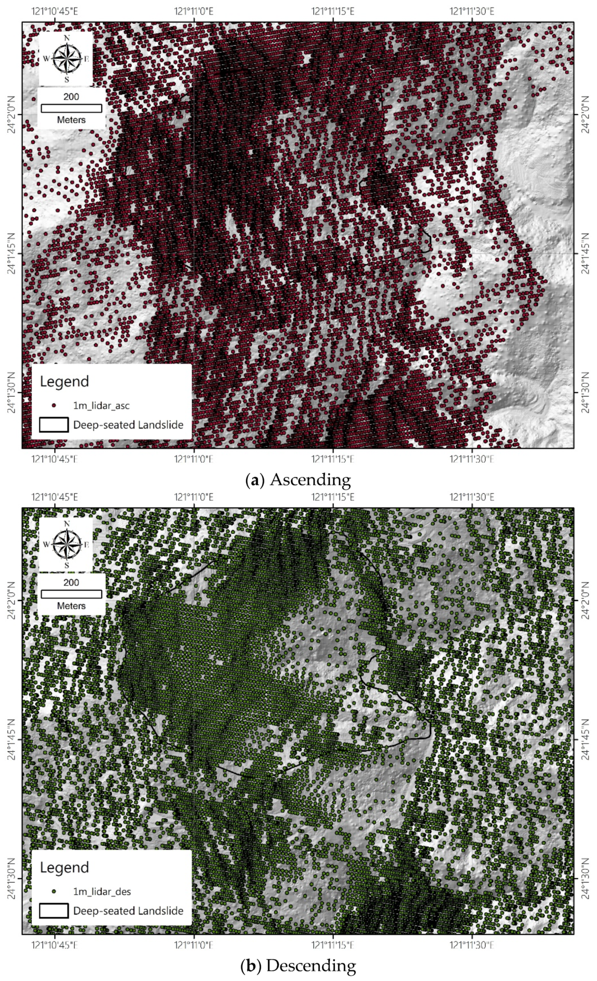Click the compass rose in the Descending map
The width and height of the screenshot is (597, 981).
tap(67, 544)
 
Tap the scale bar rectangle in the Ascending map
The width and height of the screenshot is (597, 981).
tap(71, 108)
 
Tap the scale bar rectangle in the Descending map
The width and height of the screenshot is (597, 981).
tap(71, 594)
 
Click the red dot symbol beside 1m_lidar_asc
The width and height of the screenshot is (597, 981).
tap(54, 405)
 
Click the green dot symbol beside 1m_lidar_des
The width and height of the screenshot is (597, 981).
tap(54, 891)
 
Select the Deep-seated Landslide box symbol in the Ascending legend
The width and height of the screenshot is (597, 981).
tap(54, 425)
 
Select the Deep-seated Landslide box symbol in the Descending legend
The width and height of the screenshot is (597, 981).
tap(54, 910)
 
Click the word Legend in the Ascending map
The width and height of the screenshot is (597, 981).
tap(64, 381)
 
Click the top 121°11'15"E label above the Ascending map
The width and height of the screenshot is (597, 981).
tap(333, 11)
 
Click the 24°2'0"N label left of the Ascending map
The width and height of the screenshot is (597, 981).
tap(11, 114)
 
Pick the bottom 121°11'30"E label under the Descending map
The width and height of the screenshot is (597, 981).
tap(472, 945)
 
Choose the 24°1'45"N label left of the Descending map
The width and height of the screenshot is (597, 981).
tap(11, 739)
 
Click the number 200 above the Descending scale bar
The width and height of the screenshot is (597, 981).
tap(71, 583)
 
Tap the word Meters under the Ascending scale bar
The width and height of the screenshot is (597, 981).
tap(71, 120)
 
